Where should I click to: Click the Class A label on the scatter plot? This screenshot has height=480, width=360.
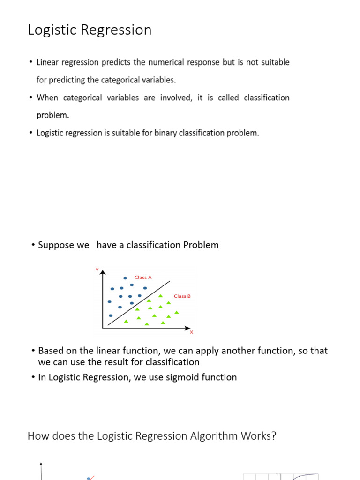[143, 277]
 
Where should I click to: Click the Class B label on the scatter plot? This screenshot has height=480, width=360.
[182, 296]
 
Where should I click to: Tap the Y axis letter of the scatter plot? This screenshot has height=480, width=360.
[97, 270]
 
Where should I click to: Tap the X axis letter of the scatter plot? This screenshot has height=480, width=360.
[191, 332]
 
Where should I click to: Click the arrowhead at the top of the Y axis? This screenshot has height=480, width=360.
[103, 272]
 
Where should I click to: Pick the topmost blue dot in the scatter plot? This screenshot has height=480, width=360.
[125, 278]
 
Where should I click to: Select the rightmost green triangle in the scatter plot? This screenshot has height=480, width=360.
[177, 312]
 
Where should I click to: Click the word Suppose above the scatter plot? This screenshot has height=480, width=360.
[56, 245]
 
